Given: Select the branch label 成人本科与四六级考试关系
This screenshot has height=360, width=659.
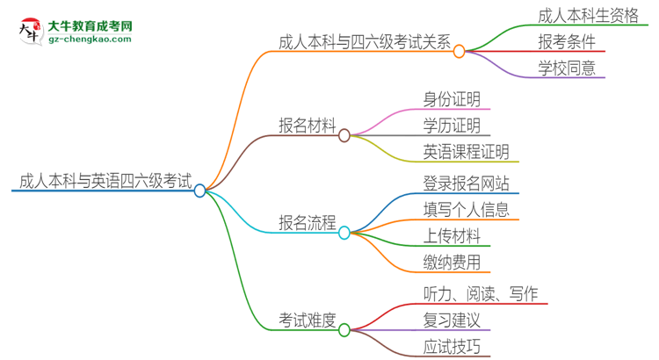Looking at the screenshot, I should (364, 41).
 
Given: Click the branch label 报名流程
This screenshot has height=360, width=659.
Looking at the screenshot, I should (308, 223).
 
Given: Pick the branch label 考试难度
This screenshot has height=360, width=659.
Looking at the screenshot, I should (308, 320).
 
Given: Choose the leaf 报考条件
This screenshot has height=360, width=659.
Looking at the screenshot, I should (567, 41).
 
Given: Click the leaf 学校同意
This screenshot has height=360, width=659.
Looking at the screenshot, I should (567, 68).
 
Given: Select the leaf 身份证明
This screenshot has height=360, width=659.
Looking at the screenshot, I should (452, 99).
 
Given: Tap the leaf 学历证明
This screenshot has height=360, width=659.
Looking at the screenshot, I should (452, 126).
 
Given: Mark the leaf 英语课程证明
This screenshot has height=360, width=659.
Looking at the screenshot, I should (466, 152).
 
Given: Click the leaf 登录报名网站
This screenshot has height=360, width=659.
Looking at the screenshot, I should (466, 184).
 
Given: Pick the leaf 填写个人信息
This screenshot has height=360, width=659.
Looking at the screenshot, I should (466, 210).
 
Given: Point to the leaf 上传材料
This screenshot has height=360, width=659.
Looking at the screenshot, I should (452, 236).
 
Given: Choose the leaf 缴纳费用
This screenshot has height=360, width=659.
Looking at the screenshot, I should (452, 263).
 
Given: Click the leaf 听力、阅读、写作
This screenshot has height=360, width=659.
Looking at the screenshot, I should (480, 294).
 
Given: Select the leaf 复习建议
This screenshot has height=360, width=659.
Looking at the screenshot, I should (452, 320).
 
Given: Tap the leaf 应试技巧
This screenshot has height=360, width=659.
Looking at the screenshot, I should (452, 347).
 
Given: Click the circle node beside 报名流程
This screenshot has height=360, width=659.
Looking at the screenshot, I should (344, 233).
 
